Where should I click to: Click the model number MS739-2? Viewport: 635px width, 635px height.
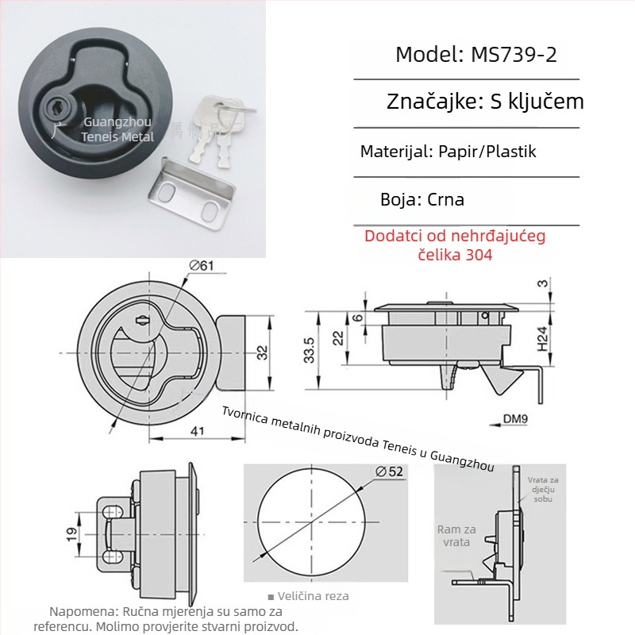coord(519,55)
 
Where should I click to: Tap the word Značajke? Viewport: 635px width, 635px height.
coord(428,102)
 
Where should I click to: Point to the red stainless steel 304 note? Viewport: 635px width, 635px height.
coord(455,245)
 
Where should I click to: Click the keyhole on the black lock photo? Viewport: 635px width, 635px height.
coord(60,106)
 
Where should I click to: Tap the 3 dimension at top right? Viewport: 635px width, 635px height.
coord(542,283)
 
